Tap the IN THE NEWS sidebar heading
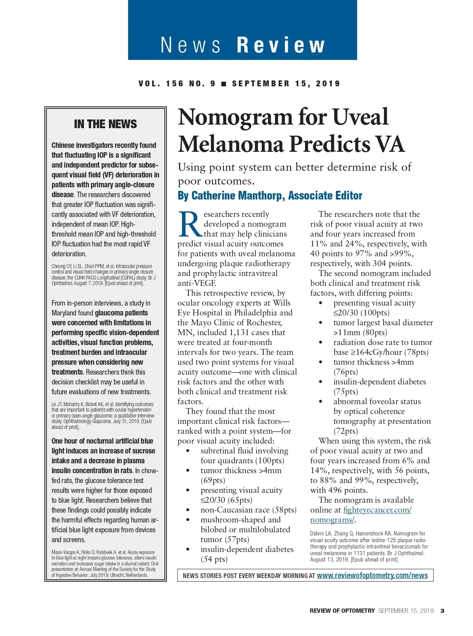[105, 124]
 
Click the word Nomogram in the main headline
[235, 117]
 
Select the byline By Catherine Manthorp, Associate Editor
[270, 196]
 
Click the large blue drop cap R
[190, 224]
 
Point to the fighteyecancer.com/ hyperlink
[377, 510]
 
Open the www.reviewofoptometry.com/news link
[372, 575]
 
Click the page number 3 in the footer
[442, 611]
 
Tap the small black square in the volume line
[224, 84]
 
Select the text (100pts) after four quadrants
[270, 461]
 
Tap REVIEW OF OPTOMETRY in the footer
[342, 611]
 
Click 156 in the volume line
[175, 84]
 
